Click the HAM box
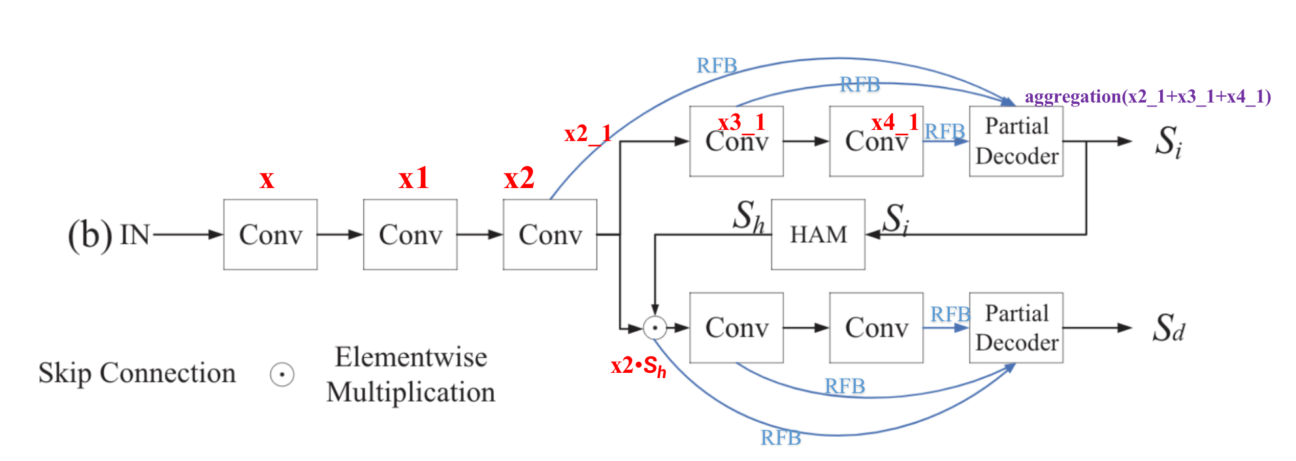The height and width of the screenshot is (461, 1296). click(x=818, y=234)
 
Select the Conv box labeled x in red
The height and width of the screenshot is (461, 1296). click(x=270, y=234)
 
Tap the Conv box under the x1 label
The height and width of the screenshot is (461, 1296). click(x=410, y=234)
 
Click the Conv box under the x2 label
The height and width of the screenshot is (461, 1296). click(x=550, y=234)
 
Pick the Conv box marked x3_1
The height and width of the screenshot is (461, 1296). click(x=736, y=142)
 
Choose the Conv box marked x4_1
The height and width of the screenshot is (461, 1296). click(x=876, y=142)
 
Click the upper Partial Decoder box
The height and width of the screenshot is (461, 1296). click(x=1016, y=142)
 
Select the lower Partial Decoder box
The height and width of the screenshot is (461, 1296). click(x=1016, y=328)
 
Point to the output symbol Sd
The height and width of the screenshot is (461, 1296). click(x=1168, y=328)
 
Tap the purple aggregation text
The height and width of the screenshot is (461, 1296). click(x=1148, y=97)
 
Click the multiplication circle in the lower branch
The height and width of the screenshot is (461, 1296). click(x=655, y=328)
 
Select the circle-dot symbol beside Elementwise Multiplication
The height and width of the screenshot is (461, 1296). click(x=282, y=375)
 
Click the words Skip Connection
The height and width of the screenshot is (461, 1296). click(x=137, y=374)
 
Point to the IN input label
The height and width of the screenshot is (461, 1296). click(x=135, y=234)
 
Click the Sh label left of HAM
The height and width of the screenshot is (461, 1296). click(x=748, y=216)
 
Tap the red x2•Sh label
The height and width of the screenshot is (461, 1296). click(x=638, y=366)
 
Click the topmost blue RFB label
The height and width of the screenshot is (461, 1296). click(x=717, y=66)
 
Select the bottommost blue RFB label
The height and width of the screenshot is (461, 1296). click(x=781, y=437)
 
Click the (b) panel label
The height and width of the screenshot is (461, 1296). click(x=89, y=235)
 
